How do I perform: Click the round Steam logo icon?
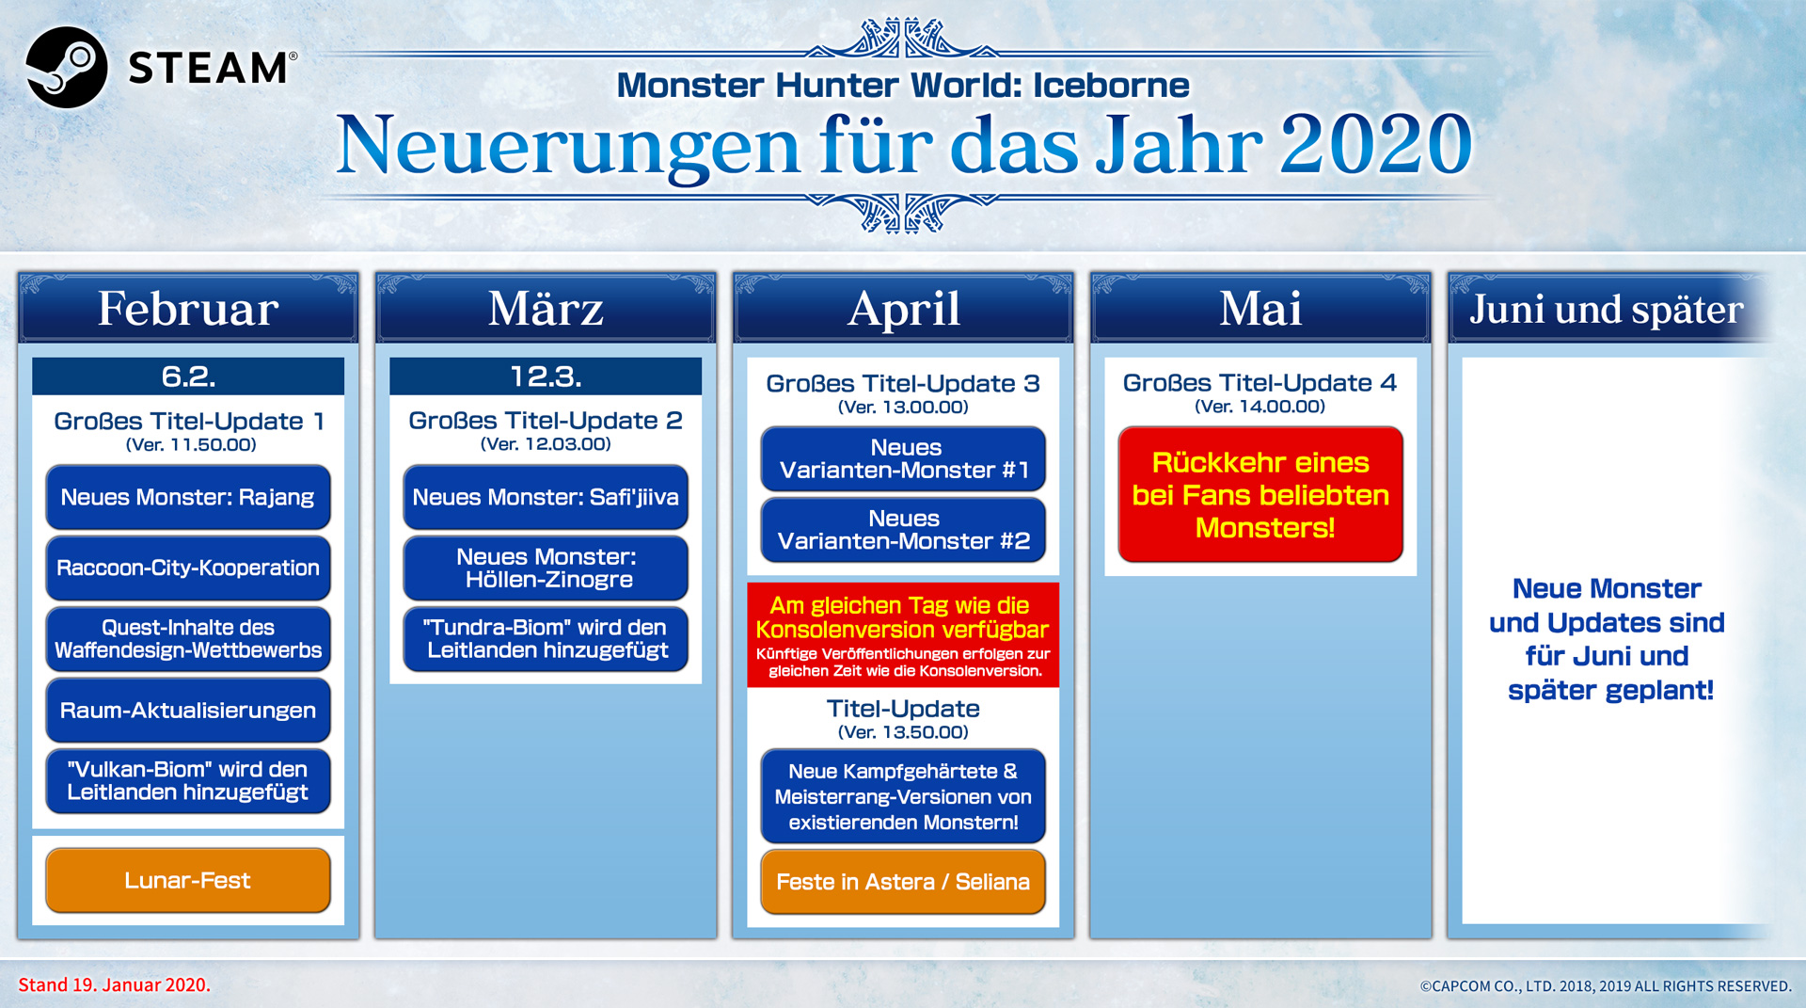pos(66,67)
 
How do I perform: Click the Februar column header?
pos(188,308)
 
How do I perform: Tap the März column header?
pos(546,308)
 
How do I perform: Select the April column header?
pos(903,308)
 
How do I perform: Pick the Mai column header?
pos(1260,308)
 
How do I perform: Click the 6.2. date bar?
pos(188,376)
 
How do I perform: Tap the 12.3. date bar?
pos(546,376)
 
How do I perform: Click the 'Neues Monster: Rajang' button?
pos(188,497)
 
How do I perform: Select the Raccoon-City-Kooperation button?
pos(188,568)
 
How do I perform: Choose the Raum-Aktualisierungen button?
pos(188,711)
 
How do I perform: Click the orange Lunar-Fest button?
pos(188,880)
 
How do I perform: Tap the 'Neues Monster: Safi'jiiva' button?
pos(546,497)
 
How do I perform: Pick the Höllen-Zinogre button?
pos(546,568)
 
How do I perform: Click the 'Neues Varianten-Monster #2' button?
pos(903,530)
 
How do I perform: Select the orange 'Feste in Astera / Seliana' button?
pos(903,882)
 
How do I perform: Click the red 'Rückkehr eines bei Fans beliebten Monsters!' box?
pos(1260,494)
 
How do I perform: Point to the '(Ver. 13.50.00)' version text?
pos(903,732)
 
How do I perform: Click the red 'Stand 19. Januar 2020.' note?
pos(115,984)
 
